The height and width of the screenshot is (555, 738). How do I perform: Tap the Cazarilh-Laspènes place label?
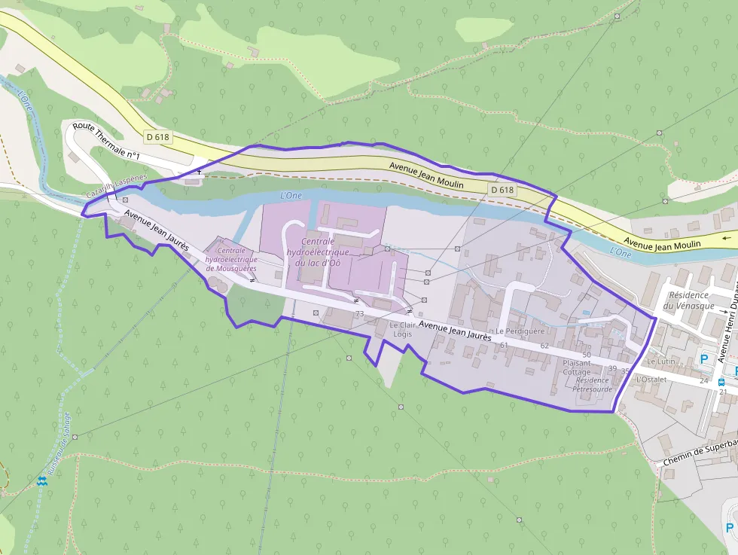116,188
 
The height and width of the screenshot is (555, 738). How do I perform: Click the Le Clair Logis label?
403,329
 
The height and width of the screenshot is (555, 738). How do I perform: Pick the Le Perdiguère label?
520,331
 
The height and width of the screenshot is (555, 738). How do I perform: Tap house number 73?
359,313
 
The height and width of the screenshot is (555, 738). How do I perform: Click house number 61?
504,345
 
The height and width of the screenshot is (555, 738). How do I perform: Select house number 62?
544,346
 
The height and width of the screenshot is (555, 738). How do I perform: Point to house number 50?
587,354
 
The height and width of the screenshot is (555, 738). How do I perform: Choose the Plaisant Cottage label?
577,367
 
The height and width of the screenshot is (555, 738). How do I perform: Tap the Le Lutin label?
660,361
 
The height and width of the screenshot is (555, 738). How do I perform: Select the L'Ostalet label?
652,380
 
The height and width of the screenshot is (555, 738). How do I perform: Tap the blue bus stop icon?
721,383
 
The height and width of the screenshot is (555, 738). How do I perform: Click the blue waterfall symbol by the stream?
42,480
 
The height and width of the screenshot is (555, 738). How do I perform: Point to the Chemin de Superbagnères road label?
700,453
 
